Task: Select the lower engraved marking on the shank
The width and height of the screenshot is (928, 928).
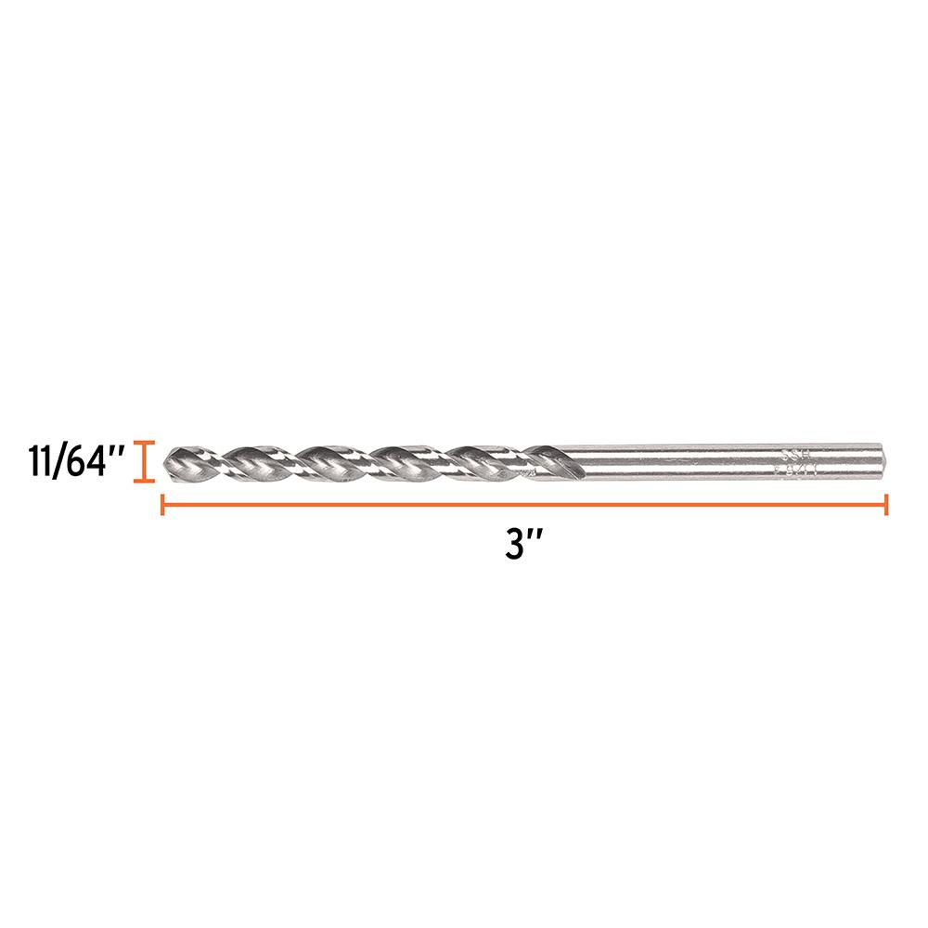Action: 792,470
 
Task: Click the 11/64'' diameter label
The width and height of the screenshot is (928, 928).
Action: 69,462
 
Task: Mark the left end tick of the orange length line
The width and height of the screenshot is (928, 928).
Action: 163,505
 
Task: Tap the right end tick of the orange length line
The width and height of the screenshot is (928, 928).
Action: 887,505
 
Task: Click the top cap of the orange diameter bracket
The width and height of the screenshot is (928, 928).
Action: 141,443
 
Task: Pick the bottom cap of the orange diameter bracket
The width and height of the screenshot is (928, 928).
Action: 141,481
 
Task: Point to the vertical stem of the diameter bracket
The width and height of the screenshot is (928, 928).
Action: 141,462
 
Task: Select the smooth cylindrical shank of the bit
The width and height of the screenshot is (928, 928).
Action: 705,461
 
